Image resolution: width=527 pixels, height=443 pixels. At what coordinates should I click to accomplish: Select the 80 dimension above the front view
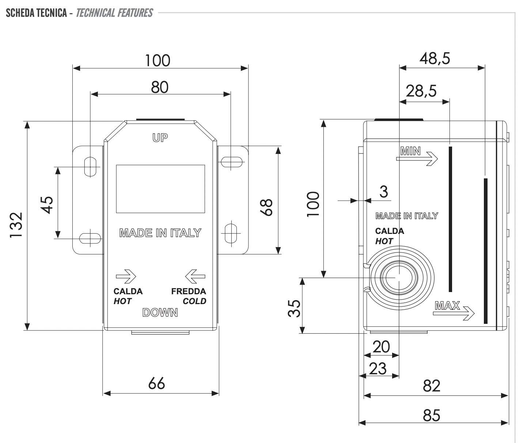coord(160,87)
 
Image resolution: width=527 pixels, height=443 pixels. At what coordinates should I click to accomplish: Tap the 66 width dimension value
coord(157,383)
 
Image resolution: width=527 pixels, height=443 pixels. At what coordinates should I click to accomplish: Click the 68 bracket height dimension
coord(268,207)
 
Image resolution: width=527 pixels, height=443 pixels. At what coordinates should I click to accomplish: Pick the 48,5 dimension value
coord(435,58)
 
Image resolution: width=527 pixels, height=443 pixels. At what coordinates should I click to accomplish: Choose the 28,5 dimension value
coord(421,91)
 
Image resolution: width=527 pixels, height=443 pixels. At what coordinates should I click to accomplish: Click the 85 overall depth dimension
coord(432,415)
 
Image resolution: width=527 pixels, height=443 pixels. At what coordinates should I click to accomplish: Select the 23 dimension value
coord(378,369)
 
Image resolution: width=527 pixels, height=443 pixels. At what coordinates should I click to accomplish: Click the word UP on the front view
coord(160,138)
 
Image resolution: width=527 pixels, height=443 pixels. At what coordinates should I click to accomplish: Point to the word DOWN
coord(160,313)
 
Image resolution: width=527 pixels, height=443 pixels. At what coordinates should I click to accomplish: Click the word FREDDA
coord(189,291)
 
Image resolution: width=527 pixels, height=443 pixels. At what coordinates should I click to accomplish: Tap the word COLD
coord(194,301)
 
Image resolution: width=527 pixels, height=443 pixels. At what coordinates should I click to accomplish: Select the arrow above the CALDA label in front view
coord(126,276)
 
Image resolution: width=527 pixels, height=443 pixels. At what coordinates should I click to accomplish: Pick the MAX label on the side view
coord(447,306)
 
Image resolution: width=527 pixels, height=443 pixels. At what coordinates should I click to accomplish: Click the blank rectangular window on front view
coord(160,189)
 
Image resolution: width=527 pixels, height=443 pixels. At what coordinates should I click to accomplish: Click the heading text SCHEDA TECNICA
coord(37,13)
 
